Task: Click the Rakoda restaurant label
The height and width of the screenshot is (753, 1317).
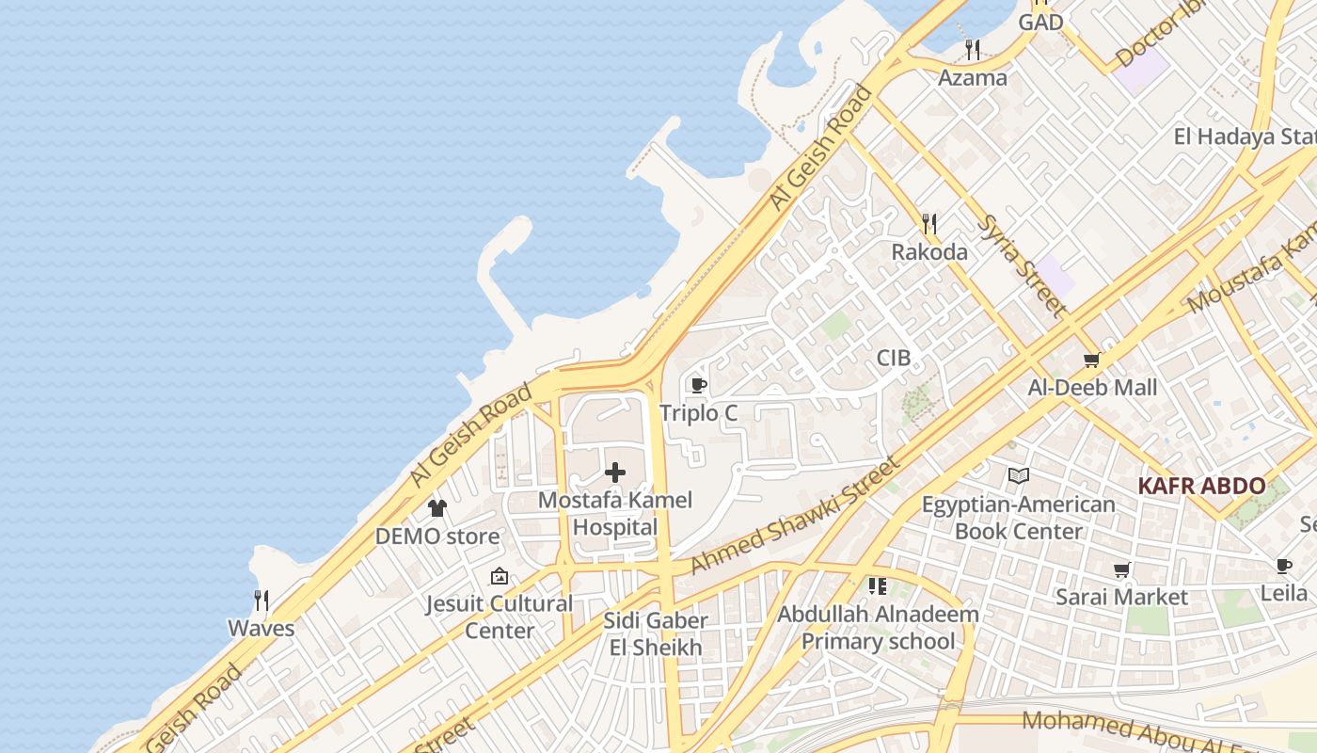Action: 929,251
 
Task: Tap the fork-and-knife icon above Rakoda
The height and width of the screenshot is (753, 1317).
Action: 929,223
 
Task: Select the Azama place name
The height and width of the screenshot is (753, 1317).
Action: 973,77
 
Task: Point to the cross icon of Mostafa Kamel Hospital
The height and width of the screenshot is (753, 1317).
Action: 615,472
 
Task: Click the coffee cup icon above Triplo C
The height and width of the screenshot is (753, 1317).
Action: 698,385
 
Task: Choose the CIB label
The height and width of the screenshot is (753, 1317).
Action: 894,358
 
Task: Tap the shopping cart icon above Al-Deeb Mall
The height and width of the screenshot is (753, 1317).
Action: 1092,359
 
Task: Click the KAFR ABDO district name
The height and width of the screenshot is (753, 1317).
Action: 1201,486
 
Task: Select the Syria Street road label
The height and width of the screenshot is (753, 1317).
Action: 1023,265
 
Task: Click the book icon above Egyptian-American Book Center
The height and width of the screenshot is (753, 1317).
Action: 1018,476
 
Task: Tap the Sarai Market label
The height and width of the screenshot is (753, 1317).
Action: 1121,597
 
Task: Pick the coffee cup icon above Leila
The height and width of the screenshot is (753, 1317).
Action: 1284,566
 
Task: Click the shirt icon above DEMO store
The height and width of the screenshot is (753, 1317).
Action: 437,508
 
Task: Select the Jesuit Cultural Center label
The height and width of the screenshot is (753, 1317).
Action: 500,617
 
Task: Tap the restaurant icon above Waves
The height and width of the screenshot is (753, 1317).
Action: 262,600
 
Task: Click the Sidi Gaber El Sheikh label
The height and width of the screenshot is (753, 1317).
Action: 656,634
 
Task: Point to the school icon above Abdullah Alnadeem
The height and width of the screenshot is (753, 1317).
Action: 878,586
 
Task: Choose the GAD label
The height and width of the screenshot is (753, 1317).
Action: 1040,22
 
